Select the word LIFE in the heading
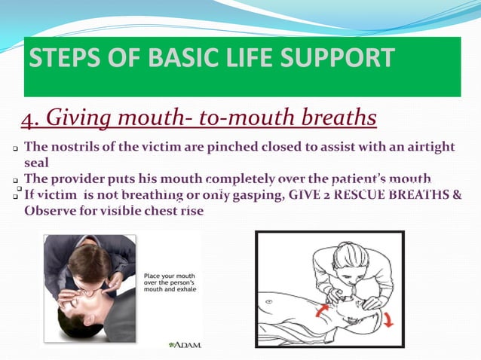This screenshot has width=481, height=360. click(x=231, y=58)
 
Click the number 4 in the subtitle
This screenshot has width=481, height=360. click(x=27, y=119)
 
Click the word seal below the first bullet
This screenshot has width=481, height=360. click(x=35, y=162)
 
